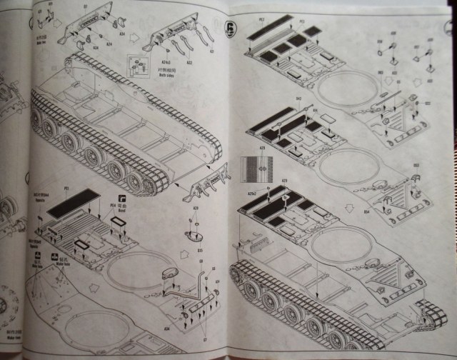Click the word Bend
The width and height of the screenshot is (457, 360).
point(122,211)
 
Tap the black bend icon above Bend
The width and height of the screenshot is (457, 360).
point(121,198)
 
